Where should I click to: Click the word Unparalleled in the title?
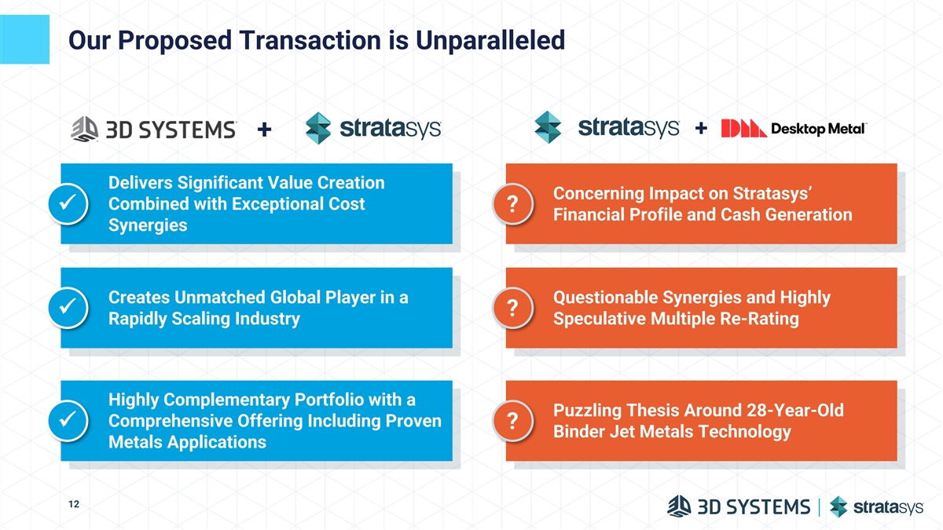point(490,40)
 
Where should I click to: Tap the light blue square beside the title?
point(24,39)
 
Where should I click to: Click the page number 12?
point(74,504)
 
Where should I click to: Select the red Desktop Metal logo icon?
point(743,128)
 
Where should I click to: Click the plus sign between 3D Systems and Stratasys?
point(264,129)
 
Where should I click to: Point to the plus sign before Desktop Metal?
point(701,128)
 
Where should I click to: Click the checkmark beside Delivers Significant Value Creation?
point(68,203)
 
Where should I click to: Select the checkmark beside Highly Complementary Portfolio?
point(68,420)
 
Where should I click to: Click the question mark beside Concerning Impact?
point(512,203)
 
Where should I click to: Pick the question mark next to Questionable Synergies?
point(512,308)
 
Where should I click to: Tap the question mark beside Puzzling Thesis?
point(512,420)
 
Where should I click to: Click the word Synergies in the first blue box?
point(148,225)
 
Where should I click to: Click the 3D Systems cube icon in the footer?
point(679,506)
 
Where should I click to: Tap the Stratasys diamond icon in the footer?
point(838,506)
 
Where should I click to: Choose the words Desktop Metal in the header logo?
point(818,129)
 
